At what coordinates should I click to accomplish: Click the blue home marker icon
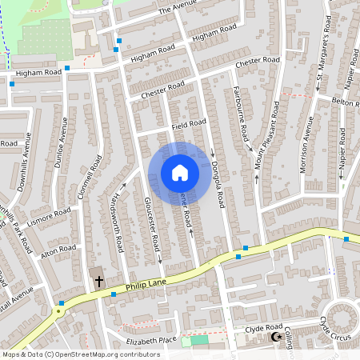179,172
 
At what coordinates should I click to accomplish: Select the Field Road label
188,124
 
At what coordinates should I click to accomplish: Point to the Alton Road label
58,252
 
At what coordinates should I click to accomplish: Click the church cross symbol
99,281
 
